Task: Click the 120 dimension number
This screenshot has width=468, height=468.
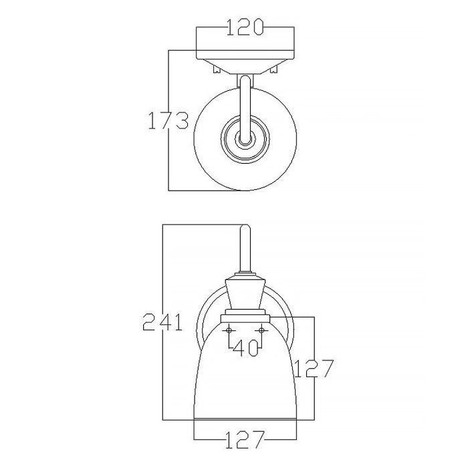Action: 244,28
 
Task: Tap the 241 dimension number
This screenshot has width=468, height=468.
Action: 162,322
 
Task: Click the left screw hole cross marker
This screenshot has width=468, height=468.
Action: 229,330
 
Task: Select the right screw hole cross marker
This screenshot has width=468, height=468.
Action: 261,330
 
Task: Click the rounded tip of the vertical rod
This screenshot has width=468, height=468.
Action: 245,231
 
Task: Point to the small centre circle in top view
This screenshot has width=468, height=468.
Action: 244,140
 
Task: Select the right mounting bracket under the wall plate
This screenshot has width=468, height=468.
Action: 274,68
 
